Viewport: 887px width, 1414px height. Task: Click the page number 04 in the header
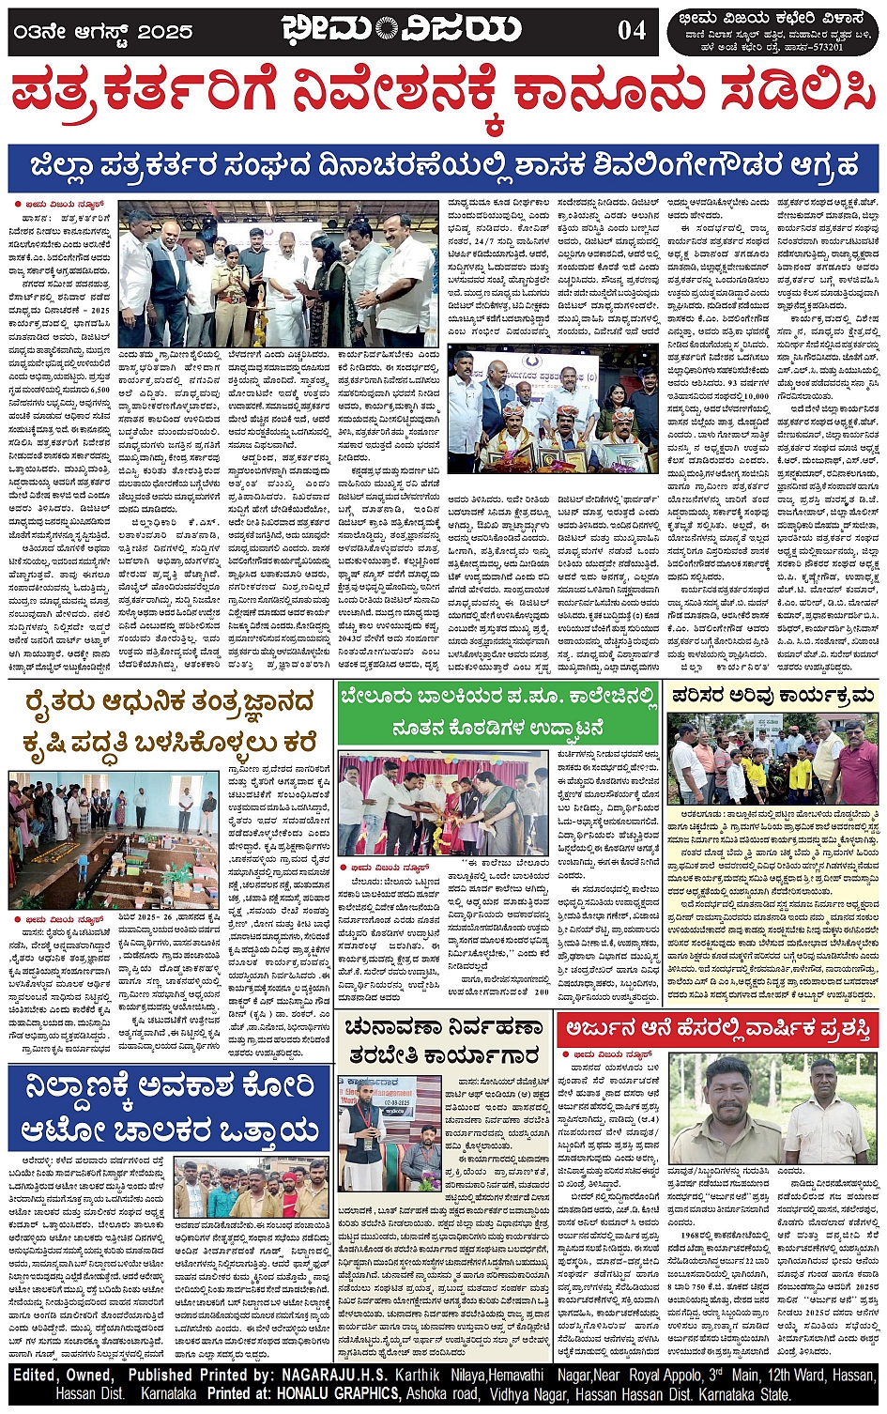tap(632, 30)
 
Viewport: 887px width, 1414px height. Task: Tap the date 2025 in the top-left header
tap(165, 32)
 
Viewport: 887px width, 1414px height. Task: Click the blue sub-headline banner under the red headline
tap(443, 167)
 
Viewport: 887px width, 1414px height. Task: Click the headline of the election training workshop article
tap(442, 1041)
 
